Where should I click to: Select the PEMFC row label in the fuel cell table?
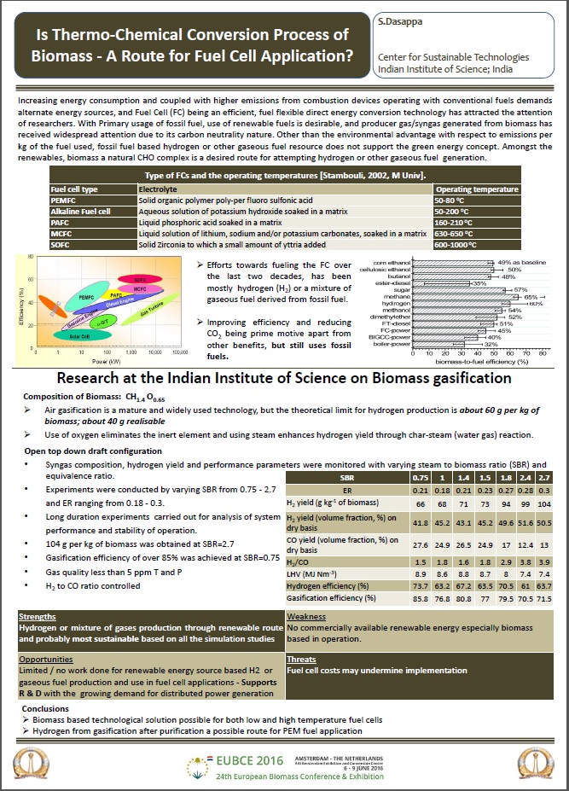point(64,199)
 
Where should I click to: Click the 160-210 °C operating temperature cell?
point(457,221)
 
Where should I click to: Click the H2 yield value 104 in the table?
point(544,503)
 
